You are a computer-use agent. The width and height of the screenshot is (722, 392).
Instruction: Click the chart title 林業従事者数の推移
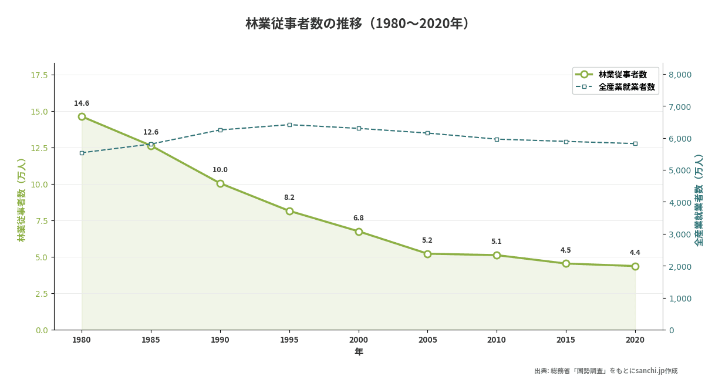(x=359, y=24)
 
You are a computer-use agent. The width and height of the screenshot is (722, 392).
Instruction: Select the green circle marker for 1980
(x=82, y=116)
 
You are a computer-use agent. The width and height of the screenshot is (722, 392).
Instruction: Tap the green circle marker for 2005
(x=427, y=254)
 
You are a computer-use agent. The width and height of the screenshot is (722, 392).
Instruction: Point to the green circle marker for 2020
(x=635, y=266)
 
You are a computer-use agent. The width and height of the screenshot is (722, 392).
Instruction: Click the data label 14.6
(x=82, y=103)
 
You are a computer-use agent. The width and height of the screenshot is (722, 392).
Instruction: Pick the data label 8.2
(x=289, y=197)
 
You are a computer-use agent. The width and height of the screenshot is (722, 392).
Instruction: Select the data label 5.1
(x=497, y=242)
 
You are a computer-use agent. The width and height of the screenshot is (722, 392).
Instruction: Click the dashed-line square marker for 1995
(x=289, y=125)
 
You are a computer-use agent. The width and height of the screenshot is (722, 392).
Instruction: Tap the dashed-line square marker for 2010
(x=497, y=139)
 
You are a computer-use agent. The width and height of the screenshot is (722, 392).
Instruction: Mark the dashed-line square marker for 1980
(x=82, y=153)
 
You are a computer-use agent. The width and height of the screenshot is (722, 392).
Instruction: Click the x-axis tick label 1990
(x=220, y=340)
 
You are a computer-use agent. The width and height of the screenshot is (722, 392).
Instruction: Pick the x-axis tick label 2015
(x=566, y=340)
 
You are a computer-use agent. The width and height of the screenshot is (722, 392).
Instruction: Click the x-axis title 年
(x=359, y=352)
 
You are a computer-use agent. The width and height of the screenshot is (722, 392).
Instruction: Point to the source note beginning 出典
(x=606, y=371)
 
